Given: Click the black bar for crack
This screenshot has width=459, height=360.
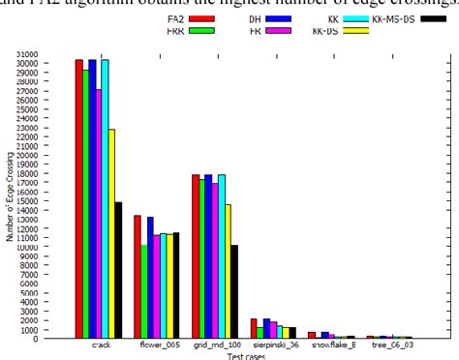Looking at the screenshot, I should tap(118, 270).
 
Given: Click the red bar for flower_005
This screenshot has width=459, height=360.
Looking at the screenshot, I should tap(138, 277).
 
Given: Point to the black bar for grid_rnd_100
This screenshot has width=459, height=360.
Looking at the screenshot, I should tap(234, 291).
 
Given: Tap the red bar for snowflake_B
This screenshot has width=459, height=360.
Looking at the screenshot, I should tap(312, 335).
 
